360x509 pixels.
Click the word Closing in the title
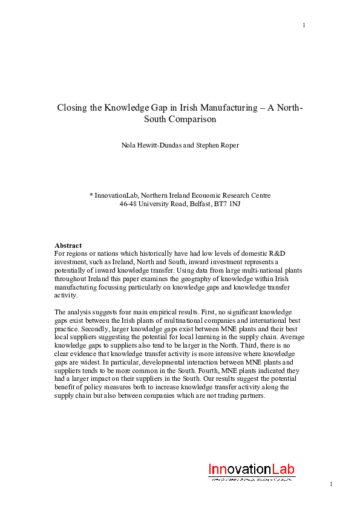click(71, 108)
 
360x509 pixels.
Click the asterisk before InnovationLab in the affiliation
click(91, 196)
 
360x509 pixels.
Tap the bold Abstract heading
click(68, 246)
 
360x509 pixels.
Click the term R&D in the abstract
click(266, 254)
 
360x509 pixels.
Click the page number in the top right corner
click(304, 25)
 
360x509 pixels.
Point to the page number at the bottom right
click(332, 484)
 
